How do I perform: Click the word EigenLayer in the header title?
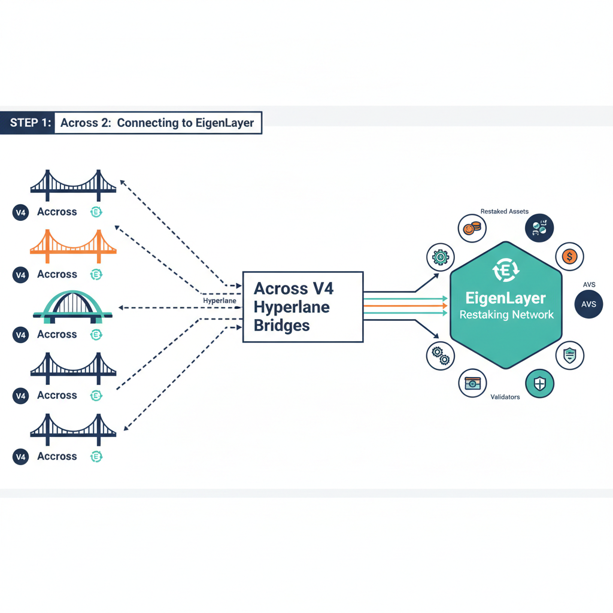pyautogui.click(x=224, y=123)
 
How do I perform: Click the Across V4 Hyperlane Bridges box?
pyautogui.click(x=302, y=306)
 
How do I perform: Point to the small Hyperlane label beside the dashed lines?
pyautogui.click(x=220, y=301)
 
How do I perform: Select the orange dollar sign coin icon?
pyautogui.click(x=569, y=257)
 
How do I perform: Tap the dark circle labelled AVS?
pyautogui.click(x=588, y=304)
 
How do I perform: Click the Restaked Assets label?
pyautogui.click(x=504, y=211)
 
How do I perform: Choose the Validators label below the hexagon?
pyautogui.click(x=505, y=397)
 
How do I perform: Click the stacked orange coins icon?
pyautogui.click(x=472, y=228)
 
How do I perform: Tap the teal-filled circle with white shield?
pyautogui.click(x=539, y=384)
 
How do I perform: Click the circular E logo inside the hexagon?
pyautogui.click(x=506, y=271)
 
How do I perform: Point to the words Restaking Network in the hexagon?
pyautogui.click(x=506, y=315)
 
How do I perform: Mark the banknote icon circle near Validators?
pyautogui.click(x=473, y=383)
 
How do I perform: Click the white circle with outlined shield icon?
pyautogui.click(x=569, y=356)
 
